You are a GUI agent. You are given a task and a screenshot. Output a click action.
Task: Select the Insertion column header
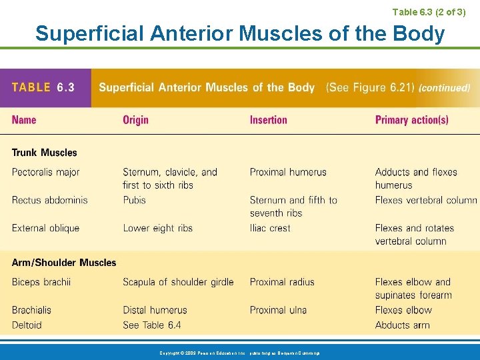pos(268,120)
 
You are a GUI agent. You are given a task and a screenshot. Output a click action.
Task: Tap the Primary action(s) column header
pos(411,120)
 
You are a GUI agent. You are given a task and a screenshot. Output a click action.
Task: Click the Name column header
pos(24,120)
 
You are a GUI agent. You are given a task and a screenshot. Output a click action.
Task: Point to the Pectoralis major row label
pos(45,172)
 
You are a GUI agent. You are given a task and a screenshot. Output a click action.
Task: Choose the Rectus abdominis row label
pos(49,200)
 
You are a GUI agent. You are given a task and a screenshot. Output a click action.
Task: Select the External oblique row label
pos(45,228)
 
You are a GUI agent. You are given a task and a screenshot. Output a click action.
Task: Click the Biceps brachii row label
pos(41,282)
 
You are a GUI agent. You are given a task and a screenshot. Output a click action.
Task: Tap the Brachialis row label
pos(31,310)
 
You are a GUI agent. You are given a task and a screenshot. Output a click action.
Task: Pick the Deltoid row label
pos(27,325)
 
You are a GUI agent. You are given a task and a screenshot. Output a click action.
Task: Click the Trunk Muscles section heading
pos(44,153)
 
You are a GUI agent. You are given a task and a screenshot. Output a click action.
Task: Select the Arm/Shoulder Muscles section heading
pos(64,263)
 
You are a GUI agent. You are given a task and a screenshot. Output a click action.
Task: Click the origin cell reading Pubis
pos(134,200)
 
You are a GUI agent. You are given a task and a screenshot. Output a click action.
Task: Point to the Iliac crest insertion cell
pos(270,228)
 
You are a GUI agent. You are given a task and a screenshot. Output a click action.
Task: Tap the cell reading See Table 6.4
pos(151,325)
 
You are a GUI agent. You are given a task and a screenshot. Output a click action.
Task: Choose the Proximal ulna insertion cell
pos(279,310)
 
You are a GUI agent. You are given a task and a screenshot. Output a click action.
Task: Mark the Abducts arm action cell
pos(402,325)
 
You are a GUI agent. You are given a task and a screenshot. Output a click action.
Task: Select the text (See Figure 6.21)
pos(369,87)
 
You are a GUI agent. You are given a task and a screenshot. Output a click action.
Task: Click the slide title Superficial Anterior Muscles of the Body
pos(240,33)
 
